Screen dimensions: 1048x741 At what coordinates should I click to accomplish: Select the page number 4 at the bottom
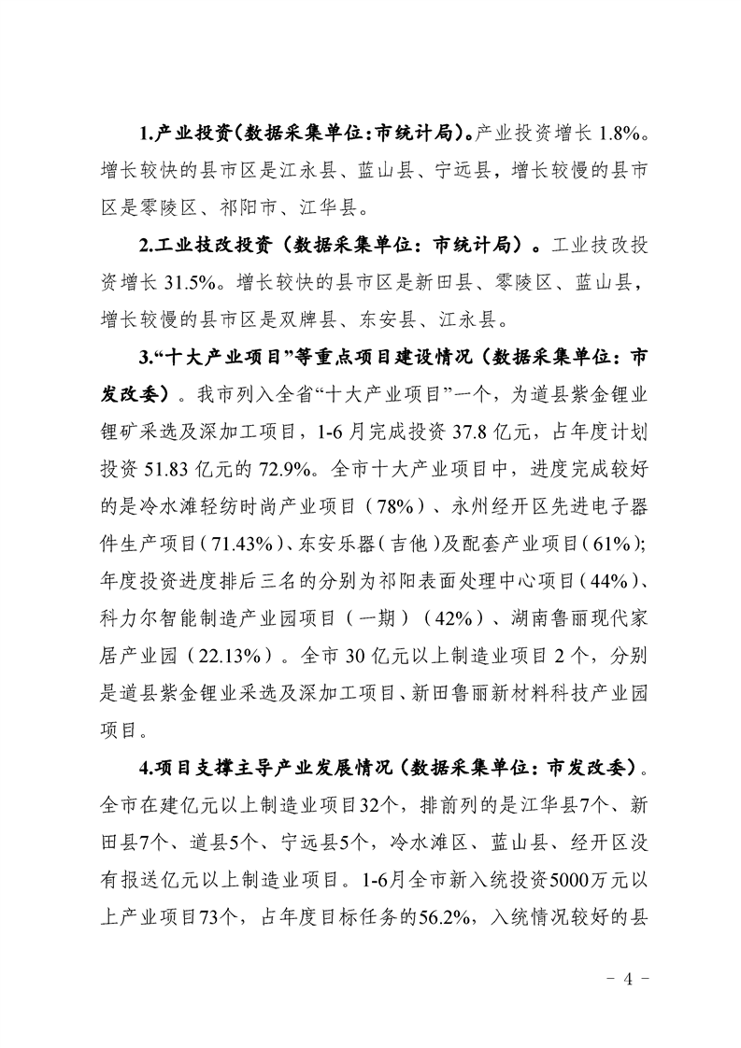coord(627,979)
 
